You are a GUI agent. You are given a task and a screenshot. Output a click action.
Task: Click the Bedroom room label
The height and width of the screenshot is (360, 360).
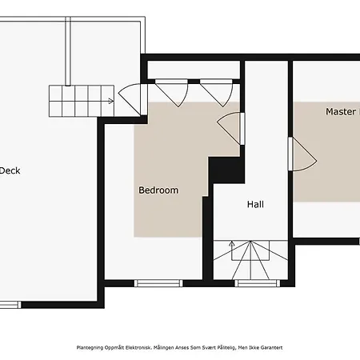158,190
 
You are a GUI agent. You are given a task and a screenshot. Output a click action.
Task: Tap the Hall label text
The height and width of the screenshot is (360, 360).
255,205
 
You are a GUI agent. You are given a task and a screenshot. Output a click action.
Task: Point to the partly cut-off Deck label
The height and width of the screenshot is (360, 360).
10,170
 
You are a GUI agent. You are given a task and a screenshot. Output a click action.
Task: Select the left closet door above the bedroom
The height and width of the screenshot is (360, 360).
171,91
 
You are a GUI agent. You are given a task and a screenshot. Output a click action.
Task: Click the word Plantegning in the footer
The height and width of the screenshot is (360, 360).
91,348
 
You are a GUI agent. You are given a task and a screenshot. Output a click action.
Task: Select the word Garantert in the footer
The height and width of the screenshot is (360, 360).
269,348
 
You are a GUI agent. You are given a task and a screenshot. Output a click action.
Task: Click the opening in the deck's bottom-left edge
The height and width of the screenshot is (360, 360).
10,304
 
